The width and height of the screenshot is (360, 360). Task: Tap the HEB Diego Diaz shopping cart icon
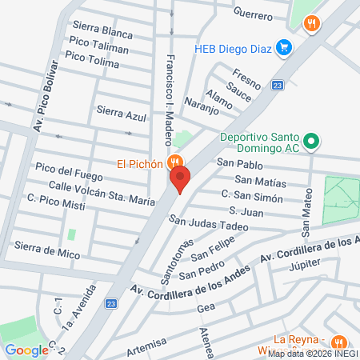pos(282,48)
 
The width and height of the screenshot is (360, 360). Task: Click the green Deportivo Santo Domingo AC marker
pos(314,142)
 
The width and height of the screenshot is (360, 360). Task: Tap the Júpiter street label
pos(303,266)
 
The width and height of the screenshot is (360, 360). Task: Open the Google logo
pos(26,350)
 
